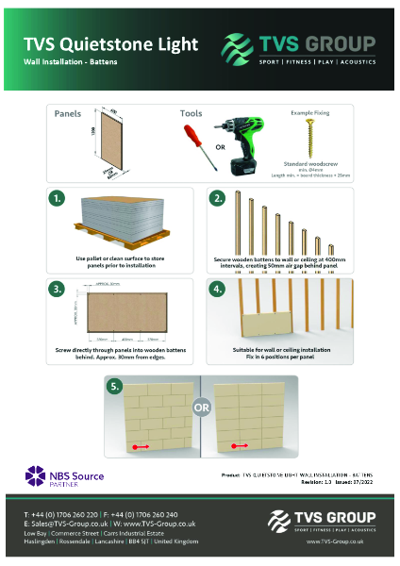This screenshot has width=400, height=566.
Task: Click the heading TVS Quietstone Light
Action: pos(110,44)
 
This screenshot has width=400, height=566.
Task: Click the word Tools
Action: pos(192,113)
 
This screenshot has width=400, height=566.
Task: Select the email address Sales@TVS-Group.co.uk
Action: pos(63,523)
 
